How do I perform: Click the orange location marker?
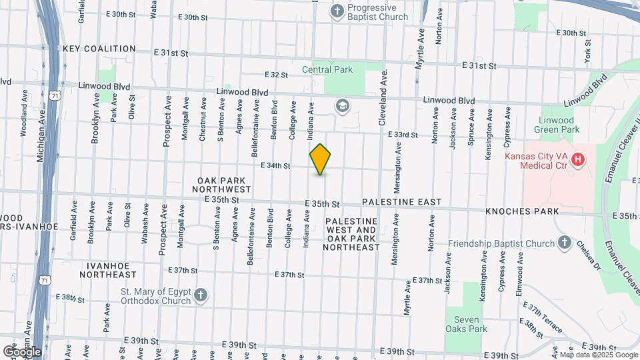click(321, 159)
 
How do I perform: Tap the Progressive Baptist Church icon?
click(338, 11)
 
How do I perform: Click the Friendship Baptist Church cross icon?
click(564, 243)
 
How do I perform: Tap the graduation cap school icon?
click(343, 105)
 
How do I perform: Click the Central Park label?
click(327, 69)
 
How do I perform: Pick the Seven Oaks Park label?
click(467, 323)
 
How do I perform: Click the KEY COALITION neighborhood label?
click(100, 49)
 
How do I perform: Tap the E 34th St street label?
click(275, 165)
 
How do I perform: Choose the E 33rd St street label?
click(403, 135)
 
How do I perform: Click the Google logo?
click(23, 351)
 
